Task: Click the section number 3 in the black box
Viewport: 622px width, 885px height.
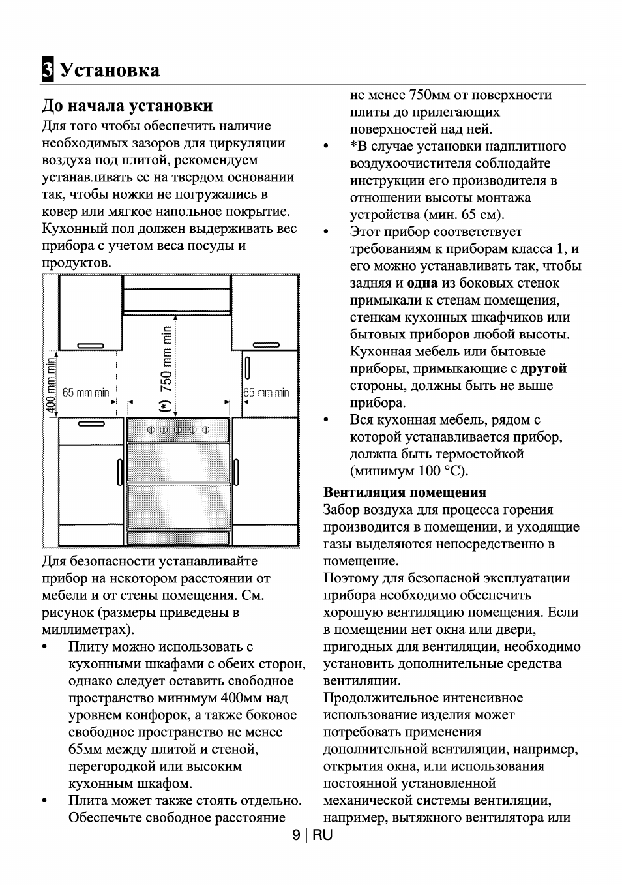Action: (47, 70)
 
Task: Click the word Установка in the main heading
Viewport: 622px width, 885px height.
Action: (110, 70)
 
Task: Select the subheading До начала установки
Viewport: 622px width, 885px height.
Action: (127, 106)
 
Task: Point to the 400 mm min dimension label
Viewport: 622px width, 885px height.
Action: (50, 385)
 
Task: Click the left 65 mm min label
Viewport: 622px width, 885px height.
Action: (85, 393)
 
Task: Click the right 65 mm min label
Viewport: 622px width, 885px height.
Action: (266, 393)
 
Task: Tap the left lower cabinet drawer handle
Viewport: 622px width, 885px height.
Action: (91, 424)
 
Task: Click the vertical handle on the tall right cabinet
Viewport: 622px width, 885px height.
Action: (248, 368)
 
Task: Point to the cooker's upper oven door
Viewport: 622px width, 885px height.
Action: (178, 462)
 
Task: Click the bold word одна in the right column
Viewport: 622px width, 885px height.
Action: (422, 283)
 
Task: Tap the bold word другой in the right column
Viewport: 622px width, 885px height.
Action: (543, 368)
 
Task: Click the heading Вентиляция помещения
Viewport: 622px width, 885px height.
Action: (404, 492)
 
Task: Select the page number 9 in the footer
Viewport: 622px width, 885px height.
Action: (297, 835)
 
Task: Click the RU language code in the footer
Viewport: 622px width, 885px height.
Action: (322, 835)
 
